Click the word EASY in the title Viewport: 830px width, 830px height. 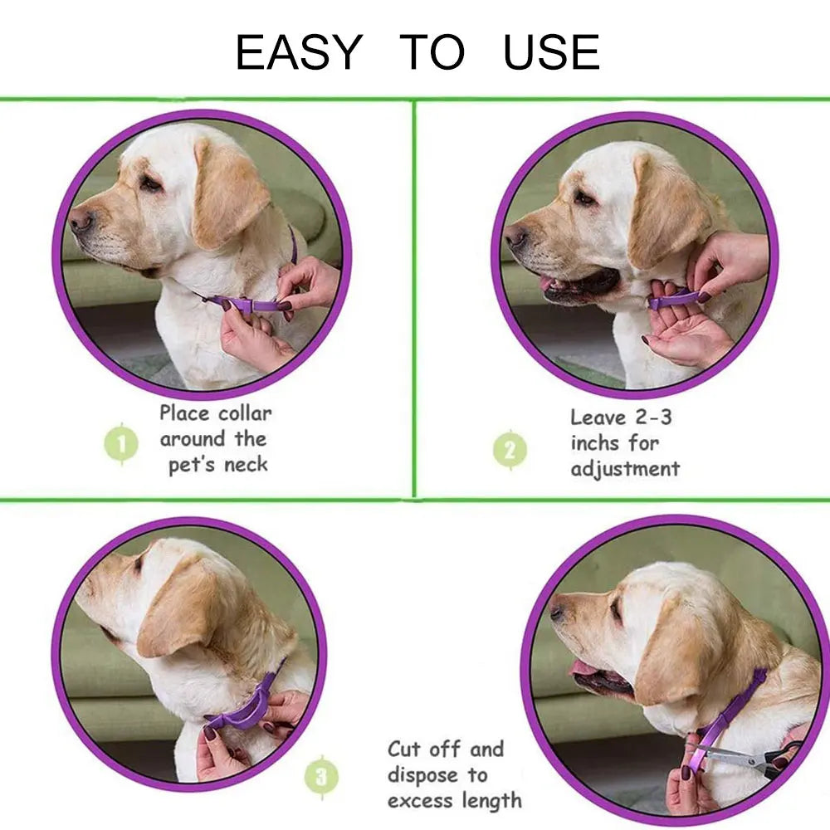(x=299, y=51)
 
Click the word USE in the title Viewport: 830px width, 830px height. (x=552, y=51)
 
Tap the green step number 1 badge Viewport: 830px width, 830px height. (x=121, y=443)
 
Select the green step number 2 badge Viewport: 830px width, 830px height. (x=510, y=450)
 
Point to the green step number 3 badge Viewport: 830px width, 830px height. (x=321, y=777)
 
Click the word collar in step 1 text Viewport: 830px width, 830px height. (x=245, y=413)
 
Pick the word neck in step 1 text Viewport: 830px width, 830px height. (x=246, y=465)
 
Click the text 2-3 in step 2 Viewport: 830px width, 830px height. (x=652, y=417)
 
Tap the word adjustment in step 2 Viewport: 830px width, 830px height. (x=625, y=469)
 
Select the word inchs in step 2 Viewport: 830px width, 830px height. (x=595, y=442)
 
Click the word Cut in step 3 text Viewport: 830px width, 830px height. (x=403, y=749)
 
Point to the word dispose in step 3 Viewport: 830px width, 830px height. (x=422, y=776)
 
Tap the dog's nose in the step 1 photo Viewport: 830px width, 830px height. (x=81, y=219)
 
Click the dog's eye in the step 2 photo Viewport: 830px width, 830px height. (x=584, y=199)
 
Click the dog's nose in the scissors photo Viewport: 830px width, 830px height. (x=557, y=613)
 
